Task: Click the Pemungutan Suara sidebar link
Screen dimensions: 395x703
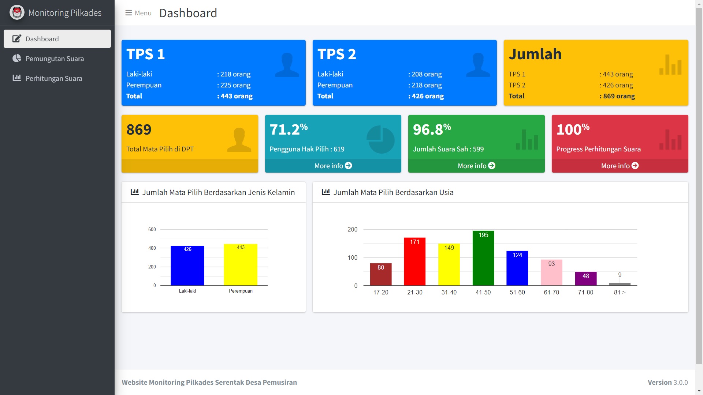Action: coord(54,59)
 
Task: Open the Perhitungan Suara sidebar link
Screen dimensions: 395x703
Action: coord(53,78)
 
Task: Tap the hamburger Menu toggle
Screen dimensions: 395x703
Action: coord(138,13)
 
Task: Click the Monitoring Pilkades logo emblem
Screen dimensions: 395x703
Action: coord(17,12)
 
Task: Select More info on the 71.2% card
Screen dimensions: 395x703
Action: coord(333,166)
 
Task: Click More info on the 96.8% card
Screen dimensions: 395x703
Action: coord(476,166)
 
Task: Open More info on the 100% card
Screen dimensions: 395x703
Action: coord(620,166)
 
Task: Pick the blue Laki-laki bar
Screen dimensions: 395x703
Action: coord(187,266)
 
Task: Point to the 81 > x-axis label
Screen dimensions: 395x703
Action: coord(620,292)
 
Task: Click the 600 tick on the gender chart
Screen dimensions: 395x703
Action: coord(152,229)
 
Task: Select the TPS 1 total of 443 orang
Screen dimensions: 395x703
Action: coord(236,96)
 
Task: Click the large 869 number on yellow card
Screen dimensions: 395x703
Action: coord(139,129)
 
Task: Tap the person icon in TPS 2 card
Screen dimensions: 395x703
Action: coord(478,65)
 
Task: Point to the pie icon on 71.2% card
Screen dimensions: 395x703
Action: coord(380,139)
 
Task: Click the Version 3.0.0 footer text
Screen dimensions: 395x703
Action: coord(667,382)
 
